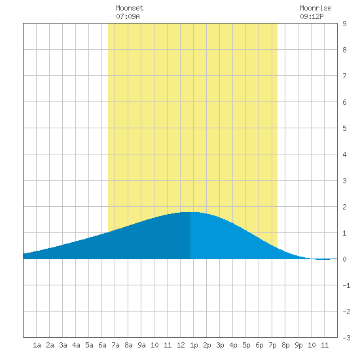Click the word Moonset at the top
tap(130, 8)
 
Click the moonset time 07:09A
tap(128, 16)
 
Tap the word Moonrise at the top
tap(315, 8)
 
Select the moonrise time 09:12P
tap(312, 16)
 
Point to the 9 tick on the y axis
tap(344, 24)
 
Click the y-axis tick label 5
tap(344, 128)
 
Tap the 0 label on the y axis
tap(344, 259)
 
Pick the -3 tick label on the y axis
tap(346, 338)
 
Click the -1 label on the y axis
tap(346, 285)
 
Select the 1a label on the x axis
tap(37, 345)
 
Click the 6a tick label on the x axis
tap(102, 345)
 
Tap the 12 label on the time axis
tap(181, 345)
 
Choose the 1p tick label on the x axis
tap(194, 345)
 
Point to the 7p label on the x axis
tap(272, 345)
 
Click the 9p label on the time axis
tap(298, 345)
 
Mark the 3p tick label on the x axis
tap(220, 345)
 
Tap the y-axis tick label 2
tap(344, 207)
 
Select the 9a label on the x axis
tap(141, 345)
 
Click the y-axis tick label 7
tap(344, 76)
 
